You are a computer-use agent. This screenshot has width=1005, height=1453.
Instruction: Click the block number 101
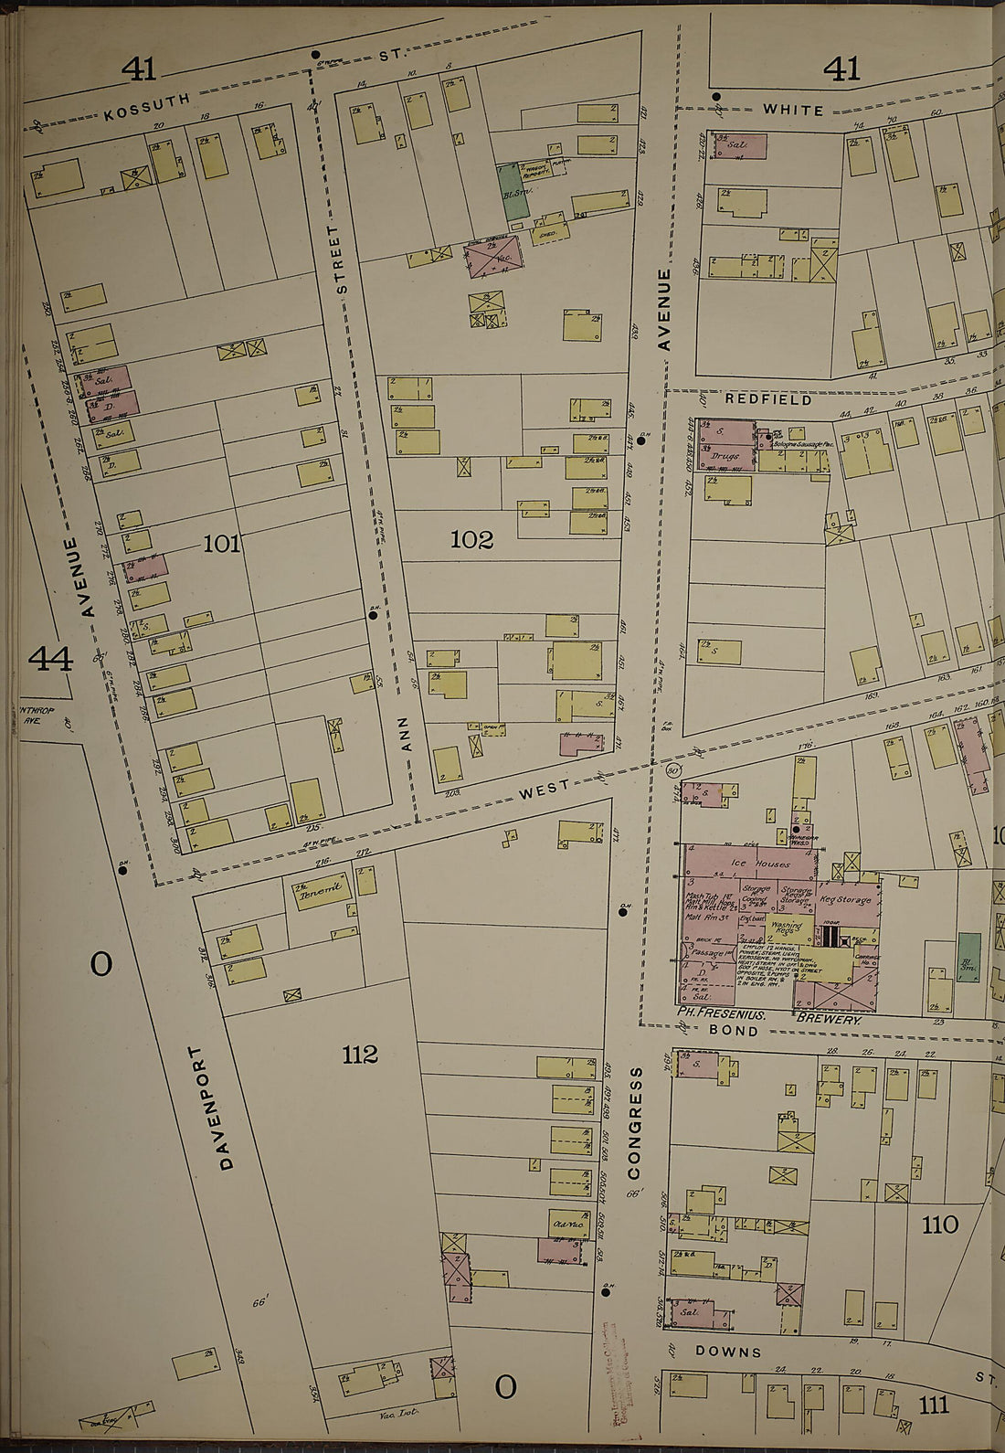click(221, 545)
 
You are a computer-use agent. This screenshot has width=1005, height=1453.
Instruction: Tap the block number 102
click(471, 540)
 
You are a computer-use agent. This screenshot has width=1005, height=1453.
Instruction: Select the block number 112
click(360, 1055)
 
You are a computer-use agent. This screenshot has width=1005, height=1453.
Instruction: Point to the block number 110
click(939, 1225)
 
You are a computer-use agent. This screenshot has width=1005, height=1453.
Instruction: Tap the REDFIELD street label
click(756, 400)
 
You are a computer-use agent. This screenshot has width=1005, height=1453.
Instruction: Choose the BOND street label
click(734, 1031)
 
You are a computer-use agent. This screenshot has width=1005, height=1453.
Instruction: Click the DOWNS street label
click(728, 1352)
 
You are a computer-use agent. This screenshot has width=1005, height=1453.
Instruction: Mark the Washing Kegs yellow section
click(786, 929)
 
